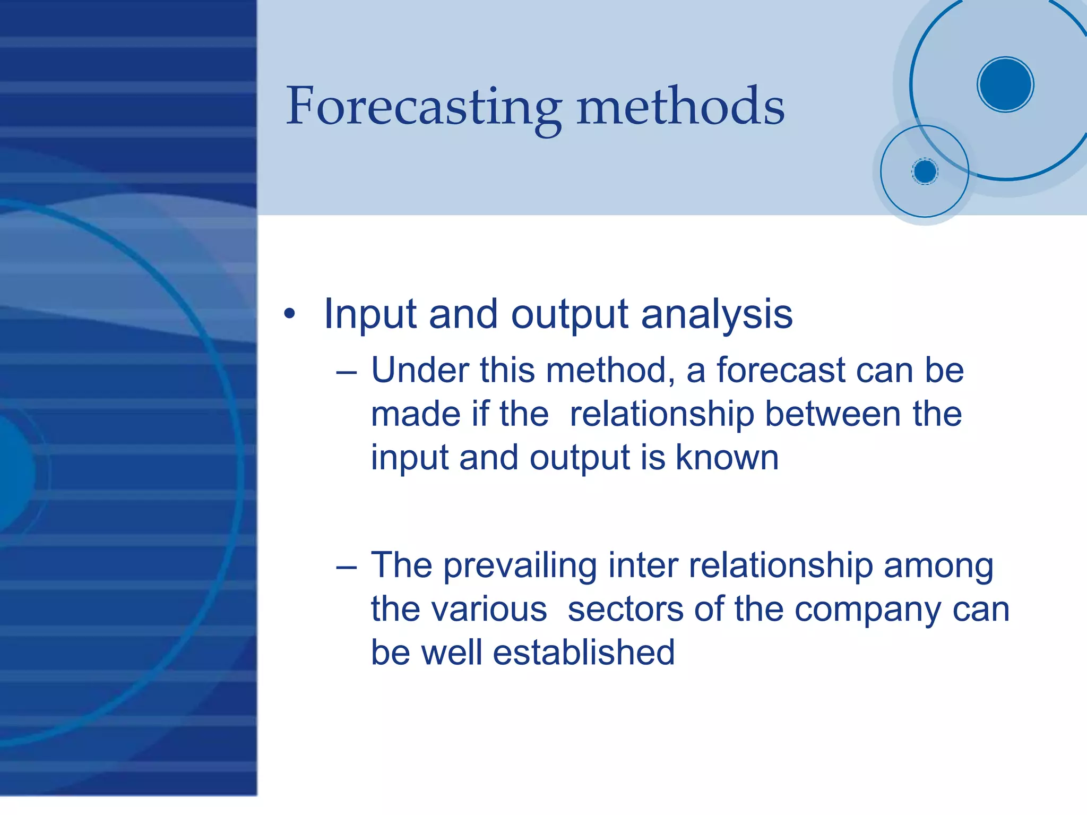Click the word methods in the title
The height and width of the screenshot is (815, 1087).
680,108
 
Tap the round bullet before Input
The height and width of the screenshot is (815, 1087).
289,314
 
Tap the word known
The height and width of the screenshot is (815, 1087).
727,458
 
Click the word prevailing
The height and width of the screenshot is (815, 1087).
520,566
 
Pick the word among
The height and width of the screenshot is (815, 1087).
938,566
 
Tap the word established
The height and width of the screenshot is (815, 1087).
584,653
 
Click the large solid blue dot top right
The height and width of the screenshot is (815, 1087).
1005,84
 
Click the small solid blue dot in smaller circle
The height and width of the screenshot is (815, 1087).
925,171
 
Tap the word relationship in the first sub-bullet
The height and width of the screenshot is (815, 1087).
662,415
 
